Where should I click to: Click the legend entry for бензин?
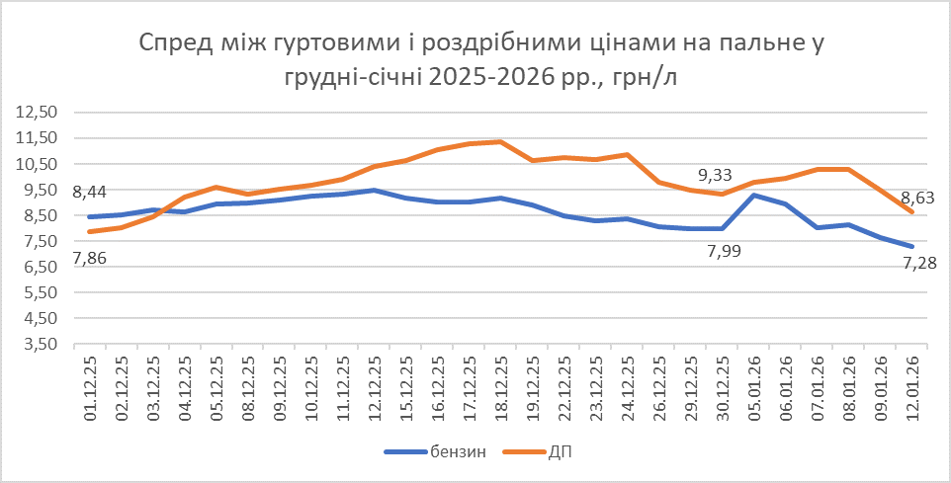pyautogui.click(x=436, y=452)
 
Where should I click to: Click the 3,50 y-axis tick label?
pyautogui.click(x=39, y=344)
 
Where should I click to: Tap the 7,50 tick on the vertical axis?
pyautogui.click(x=39, y=241)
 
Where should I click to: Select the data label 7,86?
pyautogui.click(x=90, y=258)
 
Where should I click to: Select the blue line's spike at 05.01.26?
pyautogui.click(x=754, y=195)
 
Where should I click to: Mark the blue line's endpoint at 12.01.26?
pyautogui.click(x=911, y=247)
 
